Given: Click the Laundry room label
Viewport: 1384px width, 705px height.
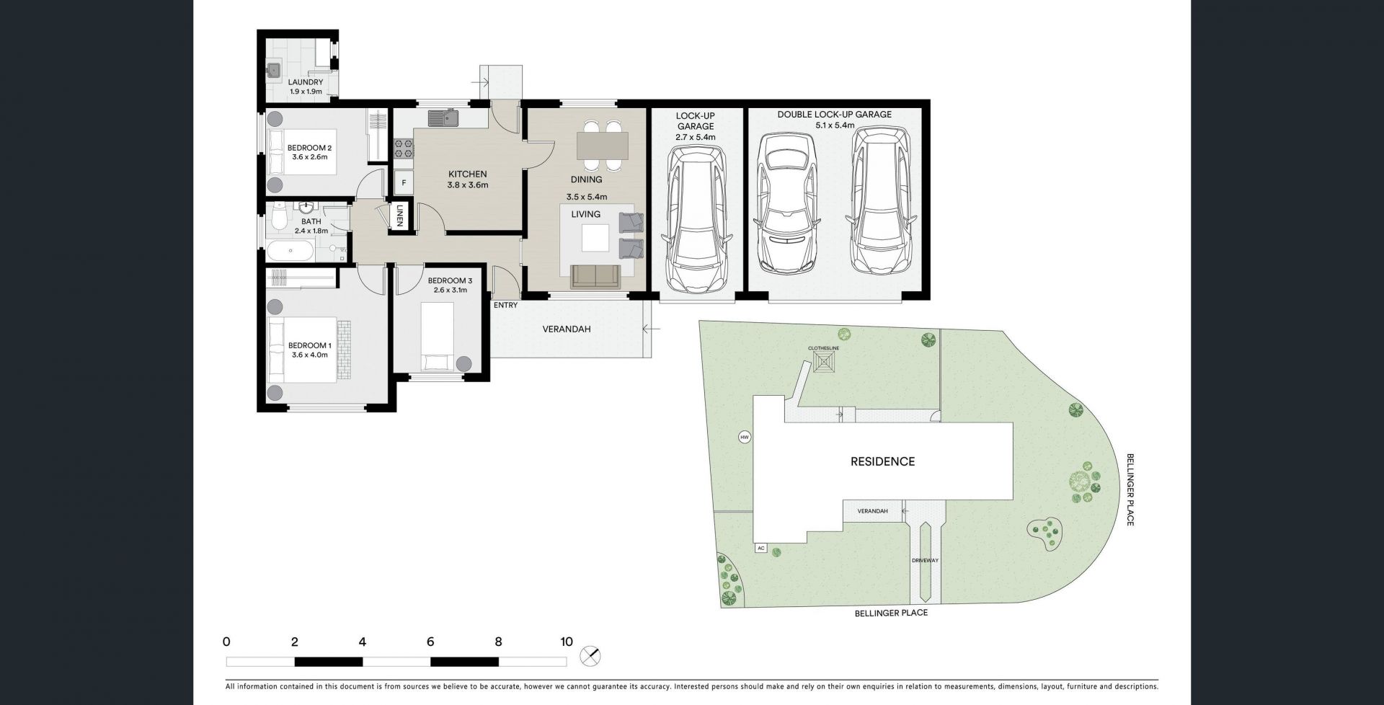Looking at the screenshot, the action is point(306,83).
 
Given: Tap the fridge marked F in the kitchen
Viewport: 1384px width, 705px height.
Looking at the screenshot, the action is point(404,182).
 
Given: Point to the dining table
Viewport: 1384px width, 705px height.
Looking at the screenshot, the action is point(602,146).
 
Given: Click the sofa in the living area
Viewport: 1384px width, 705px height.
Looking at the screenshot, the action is point(595,276).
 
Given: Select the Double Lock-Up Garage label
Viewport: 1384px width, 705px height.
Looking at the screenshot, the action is point(834,115).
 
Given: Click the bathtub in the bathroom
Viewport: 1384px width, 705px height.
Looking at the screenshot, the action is point(290,252).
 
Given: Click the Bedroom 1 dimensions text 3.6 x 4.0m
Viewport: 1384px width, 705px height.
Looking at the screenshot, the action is point(309,355).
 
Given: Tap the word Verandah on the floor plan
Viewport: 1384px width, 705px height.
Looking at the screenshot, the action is point(567,329).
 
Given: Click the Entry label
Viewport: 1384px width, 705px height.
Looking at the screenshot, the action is point(505,305).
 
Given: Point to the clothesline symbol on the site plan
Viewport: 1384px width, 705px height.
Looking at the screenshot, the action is point(823,362).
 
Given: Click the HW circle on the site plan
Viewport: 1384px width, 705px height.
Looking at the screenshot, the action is point(745,437).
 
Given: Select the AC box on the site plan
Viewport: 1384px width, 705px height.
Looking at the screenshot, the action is point(760,548).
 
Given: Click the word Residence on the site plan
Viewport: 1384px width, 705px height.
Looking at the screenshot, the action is point(882,461).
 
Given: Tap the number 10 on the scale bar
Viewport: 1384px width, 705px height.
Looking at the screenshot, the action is point(566,642).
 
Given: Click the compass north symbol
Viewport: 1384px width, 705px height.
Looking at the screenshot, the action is point(590,657).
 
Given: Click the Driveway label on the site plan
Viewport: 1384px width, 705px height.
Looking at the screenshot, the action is point(925,560).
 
